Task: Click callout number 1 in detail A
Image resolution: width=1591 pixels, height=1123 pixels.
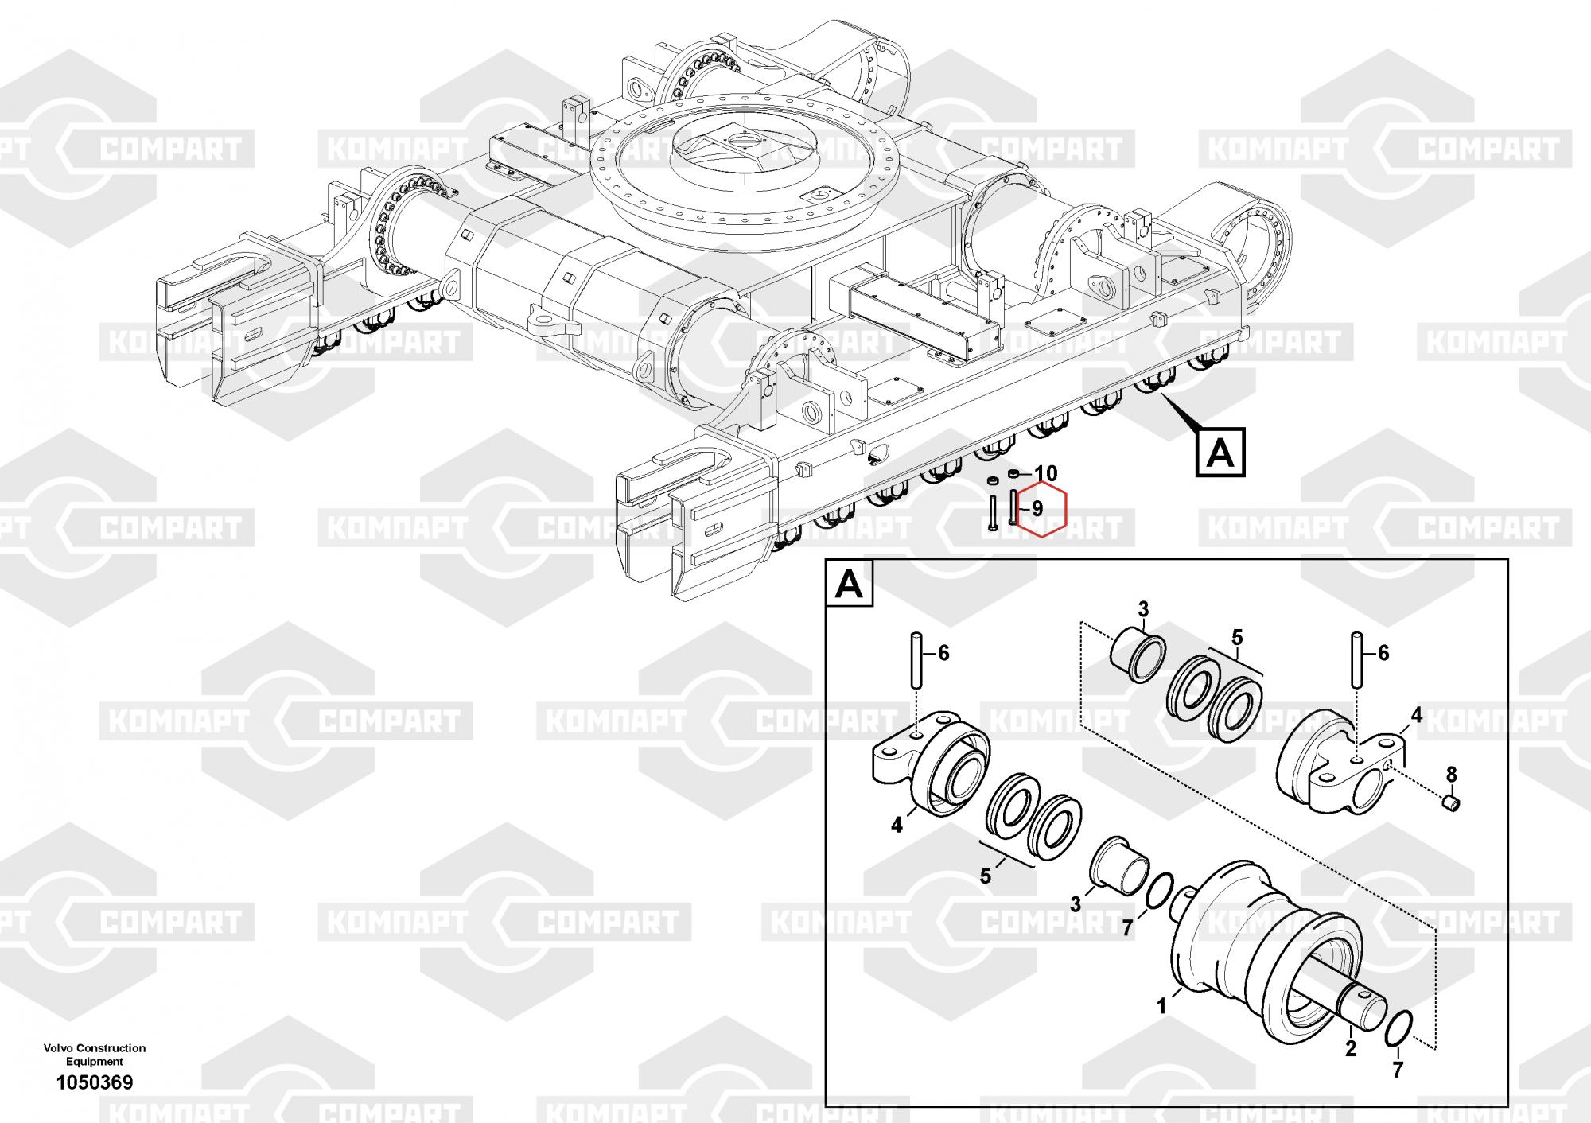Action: (x=1161, y=1006)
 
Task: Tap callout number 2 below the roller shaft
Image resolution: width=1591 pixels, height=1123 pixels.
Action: (x=1350, y=1049)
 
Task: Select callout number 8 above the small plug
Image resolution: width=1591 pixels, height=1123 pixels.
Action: (x=1451, y=774)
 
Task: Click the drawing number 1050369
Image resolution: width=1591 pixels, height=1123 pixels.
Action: (x=94, y=1082)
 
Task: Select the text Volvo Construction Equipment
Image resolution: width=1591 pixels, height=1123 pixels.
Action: (x=94, y=1055)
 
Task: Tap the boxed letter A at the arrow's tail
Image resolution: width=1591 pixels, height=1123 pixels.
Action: (x=1221, y=454)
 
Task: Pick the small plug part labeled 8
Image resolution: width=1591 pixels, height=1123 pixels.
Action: (x=1451, y=805)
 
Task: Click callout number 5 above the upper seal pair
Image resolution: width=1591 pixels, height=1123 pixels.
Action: (x=1237, y=637)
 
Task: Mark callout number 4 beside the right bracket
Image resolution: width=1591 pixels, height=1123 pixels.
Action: (x=1416, y=716)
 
